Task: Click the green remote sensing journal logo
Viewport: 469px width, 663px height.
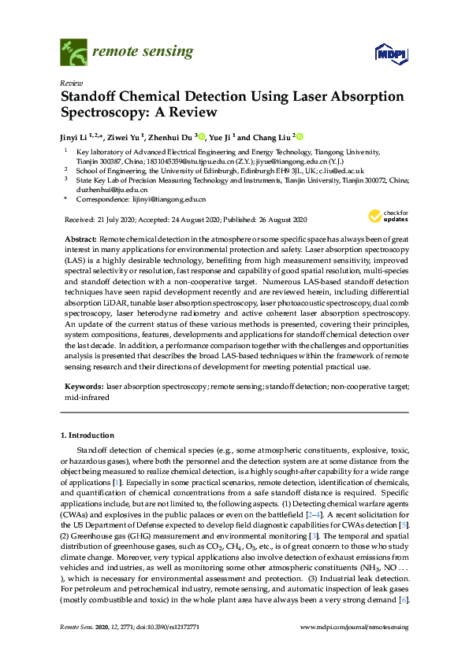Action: coord(73,54)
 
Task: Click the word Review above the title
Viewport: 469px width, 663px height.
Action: coord(70,83)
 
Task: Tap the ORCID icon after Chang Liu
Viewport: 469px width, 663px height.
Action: coord(300,135)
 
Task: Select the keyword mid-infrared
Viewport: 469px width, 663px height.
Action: coord(83,398)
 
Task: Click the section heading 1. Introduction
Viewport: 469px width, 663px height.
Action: coord(90,435)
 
